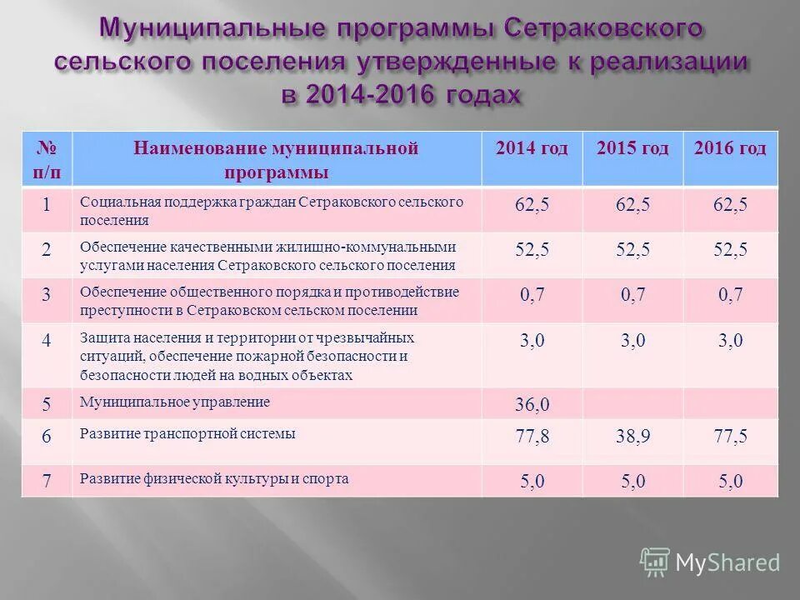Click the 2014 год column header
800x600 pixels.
[x=532, y=149]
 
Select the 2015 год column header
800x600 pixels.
[x=632, y=149]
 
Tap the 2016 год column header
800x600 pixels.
[x=730, y=149]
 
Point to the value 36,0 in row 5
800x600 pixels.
[x=532, y=405]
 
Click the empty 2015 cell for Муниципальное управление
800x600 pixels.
[x=632, y=404]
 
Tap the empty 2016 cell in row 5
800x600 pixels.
[x=731, y=404]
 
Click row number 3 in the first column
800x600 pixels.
[x=47, y=294]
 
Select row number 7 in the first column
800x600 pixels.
[x=47, y=482]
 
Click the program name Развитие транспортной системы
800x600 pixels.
[x=187, y=433]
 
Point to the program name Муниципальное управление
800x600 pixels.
[x=175, y=402]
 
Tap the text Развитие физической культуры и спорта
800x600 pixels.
[x=214, y=479]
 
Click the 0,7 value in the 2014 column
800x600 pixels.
[x=532, y=295]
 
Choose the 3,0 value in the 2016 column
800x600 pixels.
[x=730, y=341]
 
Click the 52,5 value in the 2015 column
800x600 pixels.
[x=632, y=249]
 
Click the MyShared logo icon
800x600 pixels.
[x=655, y=562]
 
